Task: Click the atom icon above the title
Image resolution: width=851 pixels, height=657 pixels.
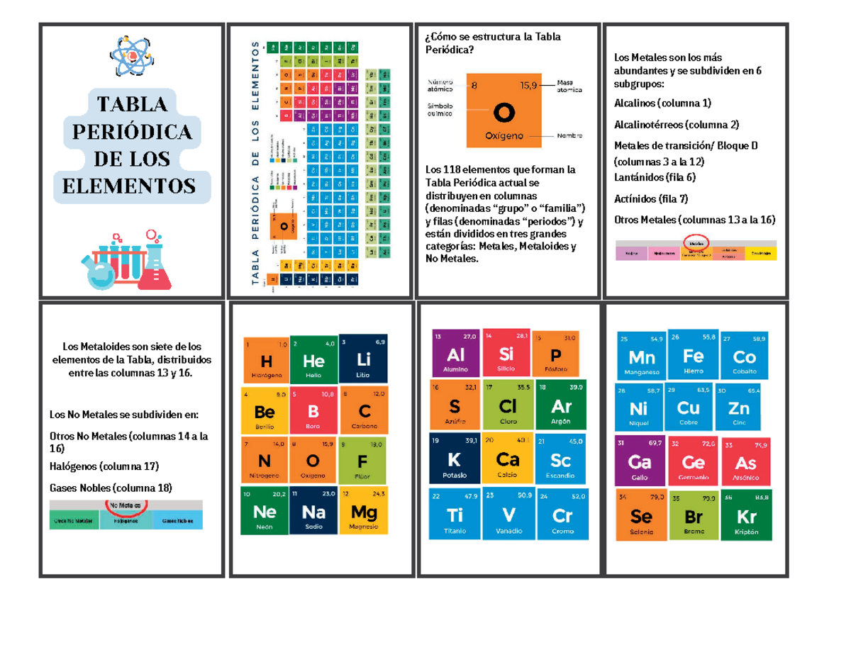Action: (x=131, y=56)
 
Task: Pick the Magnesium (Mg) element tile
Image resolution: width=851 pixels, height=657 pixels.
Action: (x=364, y=510)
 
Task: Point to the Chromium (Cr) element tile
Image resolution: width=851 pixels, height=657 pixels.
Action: (x=562, y=514)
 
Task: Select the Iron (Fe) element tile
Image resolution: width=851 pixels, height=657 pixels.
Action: (x=692, y=354)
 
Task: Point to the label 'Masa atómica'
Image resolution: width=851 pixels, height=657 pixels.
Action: (x=570, y=86)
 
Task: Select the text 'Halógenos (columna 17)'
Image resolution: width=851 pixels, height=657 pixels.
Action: (x=104, y=466)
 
